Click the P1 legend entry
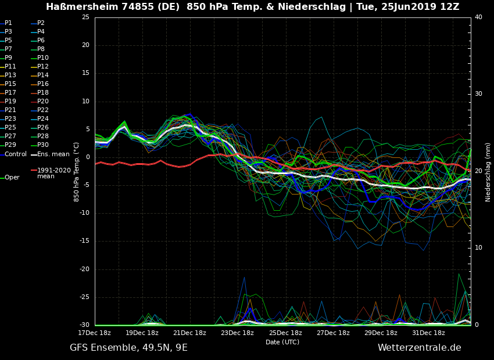point(8,23)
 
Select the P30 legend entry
point(43,145)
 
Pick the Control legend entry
point(16,154)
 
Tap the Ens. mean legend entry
point(53,154)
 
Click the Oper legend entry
point(12,178)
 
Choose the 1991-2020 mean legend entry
point(53,173)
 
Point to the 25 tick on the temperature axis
point(85,17)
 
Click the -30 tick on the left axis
point(84,325)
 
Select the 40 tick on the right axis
point(478,17)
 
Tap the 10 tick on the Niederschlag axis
point(478,248)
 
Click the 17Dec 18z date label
point(95,333)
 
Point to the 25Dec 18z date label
point(285,333)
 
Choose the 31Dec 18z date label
point(429,333)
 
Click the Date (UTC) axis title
point(282,343)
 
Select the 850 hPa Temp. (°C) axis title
point(77,171)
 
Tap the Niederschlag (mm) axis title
point(488,172)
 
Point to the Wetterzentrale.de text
point(419,348)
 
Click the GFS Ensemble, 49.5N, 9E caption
point(128,348)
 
